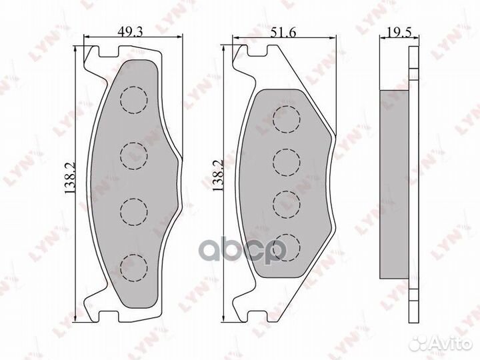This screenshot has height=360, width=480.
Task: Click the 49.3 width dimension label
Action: (129, 30)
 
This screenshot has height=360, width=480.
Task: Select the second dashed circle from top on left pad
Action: (133, 155)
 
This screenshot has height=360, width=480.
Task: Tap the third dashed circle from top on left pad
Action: (133, 211)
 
